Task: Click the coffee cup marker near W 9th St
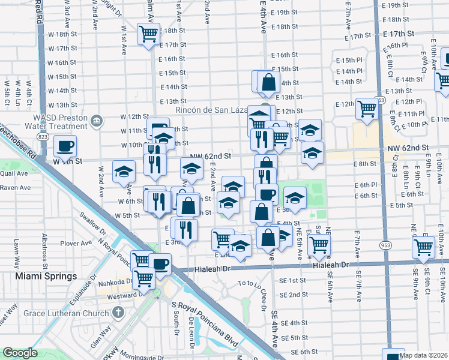pyautogui.click(x=65, y=145)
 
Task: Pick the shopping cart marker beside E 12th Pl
pyautogui.click(x=367, y=109)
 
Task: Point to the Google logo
pyautogui.click(x=20, y=353)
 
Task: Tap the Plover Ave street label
pyautogui.click(x=74, y=244)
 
